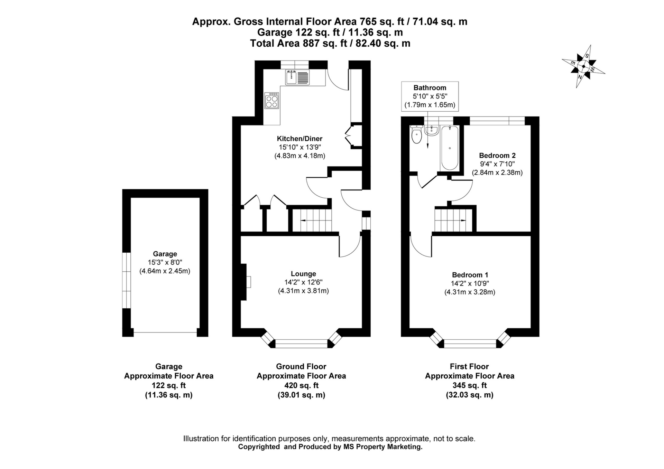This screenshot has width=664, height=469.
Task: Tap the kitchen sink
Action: click(x=297, y=77)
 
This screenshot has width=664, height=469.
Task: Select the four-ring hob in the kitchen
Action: click(x=272, y=101)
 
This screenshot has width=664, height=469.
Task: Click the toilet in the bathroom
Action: click(x=417, y=135)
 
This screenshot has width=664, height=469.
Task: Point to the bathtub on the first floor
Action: click(x=450, y=148)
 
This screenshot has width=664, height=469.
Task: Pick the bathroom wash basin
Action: click(x=431, y=130)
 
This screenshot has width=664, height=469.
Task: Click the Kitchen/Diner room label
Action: click(x=299, y=139)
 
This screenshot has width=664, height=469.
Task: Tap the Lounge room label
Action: click(x=303, y=274)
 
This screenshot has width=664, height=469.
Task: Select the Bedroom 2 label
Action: click(x=497, y=156)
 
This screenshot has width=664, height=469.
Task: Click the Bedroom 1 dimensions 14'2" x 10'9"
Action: click(x=470, y=283)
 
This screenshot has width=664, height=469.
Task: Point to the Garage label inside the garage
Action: click(x=165, y=254)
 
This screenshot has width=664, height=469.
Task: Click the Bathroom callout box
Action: click(x=430, y=96)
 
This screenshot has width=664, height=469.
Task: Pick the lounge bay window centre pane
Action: click(x=301, y=343)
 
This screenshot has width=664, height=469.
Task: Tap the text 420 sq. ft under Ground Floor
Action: click(x=301, y=385)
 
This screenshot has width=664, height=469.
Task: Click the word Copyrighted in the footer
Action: click(x=259, y=447)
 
